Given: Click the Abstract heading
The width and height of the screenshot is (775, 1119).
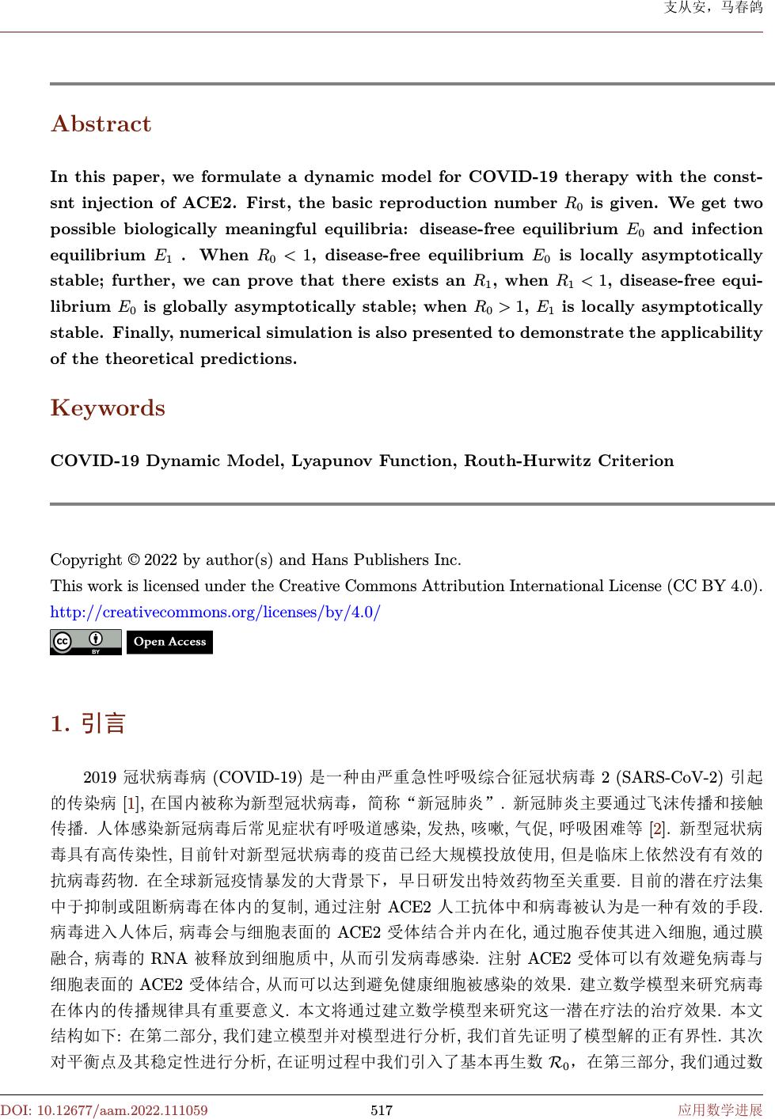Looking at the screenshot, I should (x=101, y=124).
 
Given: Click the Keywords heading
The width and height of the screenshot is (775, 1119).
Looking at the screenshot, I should (x=108, y=408).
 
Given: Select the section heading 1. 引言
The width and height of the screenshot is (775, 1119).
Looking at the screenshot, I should (x=88, y=723).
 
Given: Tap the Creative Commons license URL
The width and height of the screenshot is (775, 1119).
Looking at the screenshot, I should (x=215, y=612).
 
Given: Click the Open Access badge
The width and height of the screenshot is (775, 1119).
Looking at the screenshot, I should (x=169, y=642).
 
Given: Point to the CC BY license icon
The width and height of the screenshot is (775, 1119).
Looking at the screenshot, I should (x=85, y=642).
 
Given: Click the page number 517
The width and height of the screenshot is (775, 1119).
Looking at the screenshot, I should (x=382, y=1110).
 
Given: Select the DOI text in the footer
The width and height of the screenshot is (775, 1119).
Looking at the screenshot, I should (x=104, y=1110).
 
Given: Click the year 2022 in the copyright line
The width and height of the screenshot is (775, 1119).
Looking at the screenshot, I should (x=161, y=560).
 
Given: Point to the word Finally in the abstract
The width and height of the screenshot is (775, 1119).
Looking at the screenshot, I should (x=144, y=332).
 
